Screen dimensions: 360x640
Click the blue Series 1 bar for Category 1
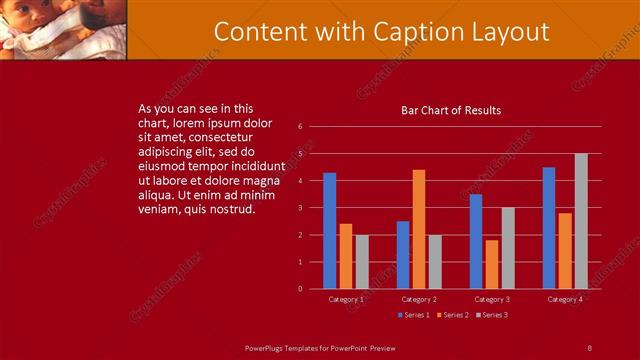pyautogui.click(x=329, y=231)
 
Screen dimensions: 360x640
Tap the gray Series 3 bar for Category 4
pyautogui.click(x=581, y=221)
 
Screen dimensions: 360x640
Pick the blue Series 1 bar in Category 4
pyautogui.click(x=549, y=228)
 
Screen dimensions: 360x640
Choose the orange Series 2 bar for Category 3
pyautogui.click(x=492, y=264)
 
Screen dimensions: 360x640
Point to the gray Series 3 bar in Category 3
pyautogui.click(x=508, y=248)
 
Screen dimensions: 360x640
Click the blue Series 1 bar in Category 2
pyautogui.click(x=403, y=255)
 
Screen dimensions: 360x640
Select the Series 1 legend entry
pyautogui.click(x=414, y=315)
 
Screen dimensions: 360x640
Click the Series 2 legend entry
pyautogui.click(x=452, y=315)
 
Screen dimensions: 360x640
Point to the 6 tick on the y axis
pyautogui.click(x=300, y=127)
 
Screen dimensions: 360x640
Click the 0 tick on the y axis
pyautogui.click(x=300, y=289)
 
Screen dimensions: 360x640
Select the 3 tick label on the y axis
pyautogui.click(x=300, y=208)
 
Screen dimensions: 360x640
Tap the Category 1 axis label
pyautogui.click(x=346, y=299)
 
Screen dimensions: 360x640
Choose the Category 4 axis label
pyautogui.click(x=565, y=299)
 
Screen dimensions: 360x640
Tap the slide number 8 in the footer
pyautogui.click(x=589, y=347)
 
